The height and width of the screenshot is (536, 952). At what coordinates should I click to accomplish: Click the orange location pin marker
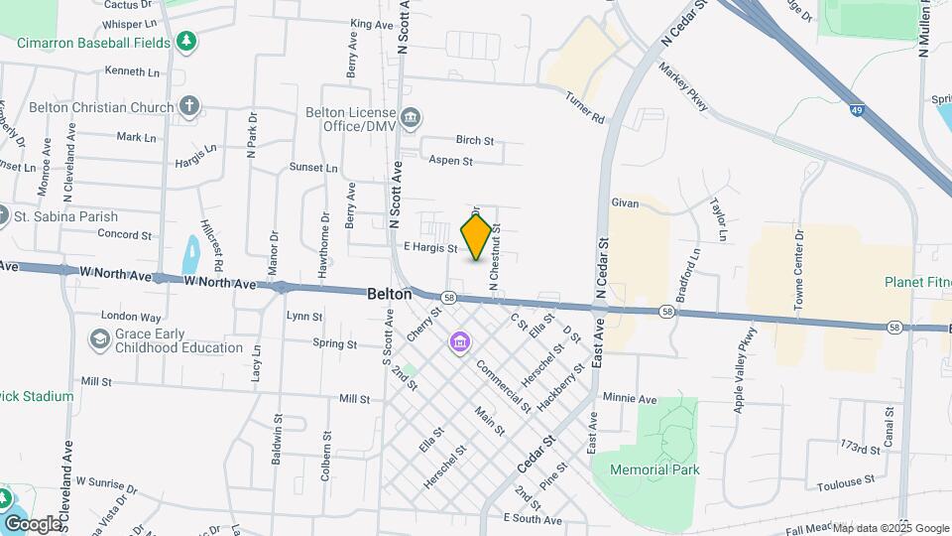point(477,237)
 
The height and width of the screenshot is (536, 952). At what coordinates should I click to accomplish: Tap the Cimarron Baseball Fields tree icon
point(185,42)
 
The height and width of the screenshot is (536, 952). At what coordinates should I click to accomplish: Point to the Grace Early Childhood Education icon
point(99,340)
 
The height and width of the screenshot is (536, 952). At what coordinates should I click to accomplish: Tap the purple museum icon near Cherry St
point(459,342)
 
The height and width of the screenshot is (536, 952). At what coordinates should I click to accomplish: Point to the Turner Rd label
point(585,107)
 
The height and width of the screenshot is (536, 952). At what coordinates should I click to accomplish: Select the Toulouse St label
point(846,486)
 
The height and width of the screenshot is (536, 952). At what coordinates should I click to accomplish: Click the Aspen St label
point(450,161)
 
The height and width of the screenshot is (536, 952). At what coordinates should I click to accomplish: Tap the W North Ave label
point(220,284)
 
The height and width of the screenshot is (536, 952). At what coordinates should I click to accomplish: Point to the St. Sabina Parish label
point(65,216)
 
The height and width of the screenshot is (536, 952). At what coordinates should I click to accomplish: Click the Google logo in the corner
point(33,523)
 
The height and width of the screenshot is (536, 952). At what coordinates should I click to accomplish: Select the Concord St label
point(124,235)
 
